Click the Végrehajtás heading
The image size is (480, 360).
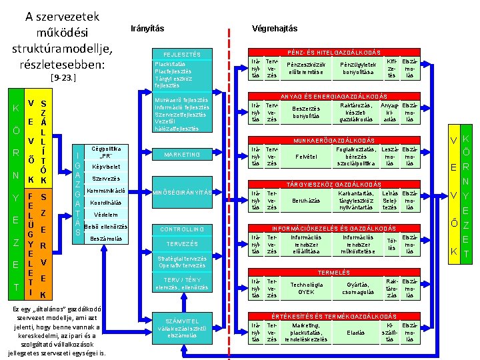click(275, 28)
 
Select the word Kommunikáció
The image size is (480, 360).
click(107, 191)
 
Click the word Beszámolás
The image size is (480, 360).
click(106, 238)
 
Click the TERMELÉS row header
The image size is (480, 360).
click(333, 273)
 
